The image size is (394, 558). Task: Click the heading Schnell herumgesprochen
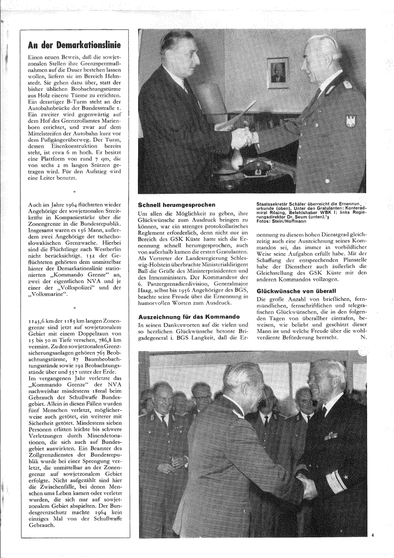[173, 204]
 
